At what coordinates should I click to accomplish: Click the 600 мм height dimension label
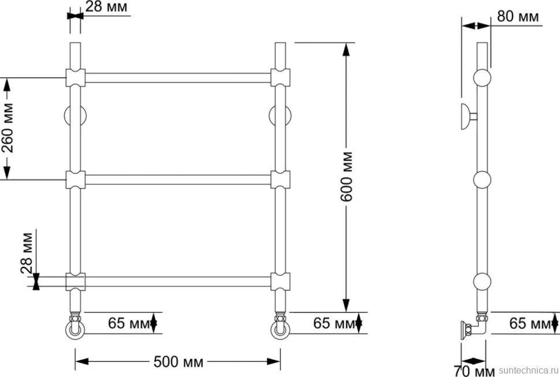[x=346, y=177]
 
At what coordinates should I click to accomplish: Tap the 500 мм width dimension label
[x=178, y=362]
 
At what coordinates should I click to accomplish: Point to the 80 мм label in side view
[x=518, y=16]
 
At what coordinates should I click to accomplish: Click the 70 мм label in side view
[x=475, y=371]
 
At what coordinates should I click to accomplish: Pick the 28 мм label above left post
[x=106, y=6]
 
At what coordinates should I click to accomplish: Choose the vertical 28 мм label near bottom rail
[x=27, y=253]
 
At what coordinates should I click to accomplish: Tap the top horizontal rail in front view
[x=178, y=78]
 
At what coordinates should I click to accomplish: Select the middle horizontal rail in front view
[x=178, y=180]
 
